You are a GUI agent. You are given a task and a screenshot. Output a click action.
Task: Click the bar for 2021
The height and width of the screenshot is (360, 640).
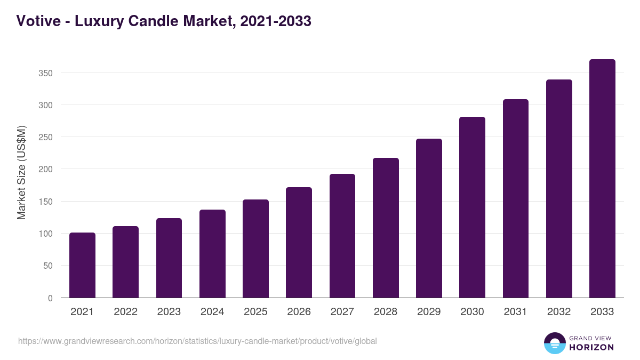pos(82,265)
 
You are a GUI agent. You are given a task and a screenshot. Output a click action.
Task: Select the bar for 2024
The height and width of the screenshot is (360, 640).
pos(212,254)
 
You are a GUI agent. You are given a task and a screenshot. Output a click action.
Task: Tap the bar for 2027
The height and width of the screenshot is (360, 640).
pos(342,236)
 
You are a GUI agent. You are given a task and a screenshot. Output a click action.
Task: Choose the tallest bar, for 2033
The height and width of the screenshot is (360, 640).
pos(602,179)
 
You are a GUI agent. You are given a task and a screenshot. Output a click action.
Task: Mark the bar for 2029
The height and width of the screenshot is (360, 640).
pos(429,218)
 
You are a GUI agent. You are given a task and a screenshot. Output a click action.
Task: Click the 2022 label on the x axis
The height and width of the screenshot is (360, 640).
pos(125,312)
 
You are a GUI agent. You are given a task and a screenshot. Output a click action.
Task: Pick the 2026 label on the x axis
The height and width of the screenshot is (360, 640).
pos(299,312)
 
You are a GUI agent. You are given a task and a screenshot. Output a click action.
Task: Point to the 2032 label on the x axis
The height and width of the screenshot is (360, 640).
pos(559,312)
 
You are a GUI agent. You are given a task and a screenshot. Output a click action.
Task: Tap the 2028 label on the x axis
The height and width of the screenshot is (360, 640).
pos(386,312)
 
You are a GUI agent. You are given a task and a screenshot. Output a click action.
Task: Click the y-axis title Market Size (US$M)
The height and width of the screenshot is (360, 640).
pos(22,173)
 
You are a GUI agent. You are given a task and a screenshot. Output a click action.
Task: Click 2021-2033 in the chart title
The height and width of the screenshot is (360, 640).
pos(275,21)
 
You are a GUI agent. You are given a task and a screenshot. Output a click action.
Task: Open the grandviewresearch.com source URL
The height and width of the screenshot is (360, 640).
pos(197,341)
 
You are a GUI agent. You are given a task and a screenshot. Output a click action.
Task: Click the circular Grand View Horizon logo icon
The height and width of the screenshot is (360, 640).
pos(554,343)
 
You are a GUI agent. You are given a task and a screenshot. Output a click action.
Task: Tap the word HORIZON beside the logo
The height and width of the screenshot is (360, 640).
pos(591,347)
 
